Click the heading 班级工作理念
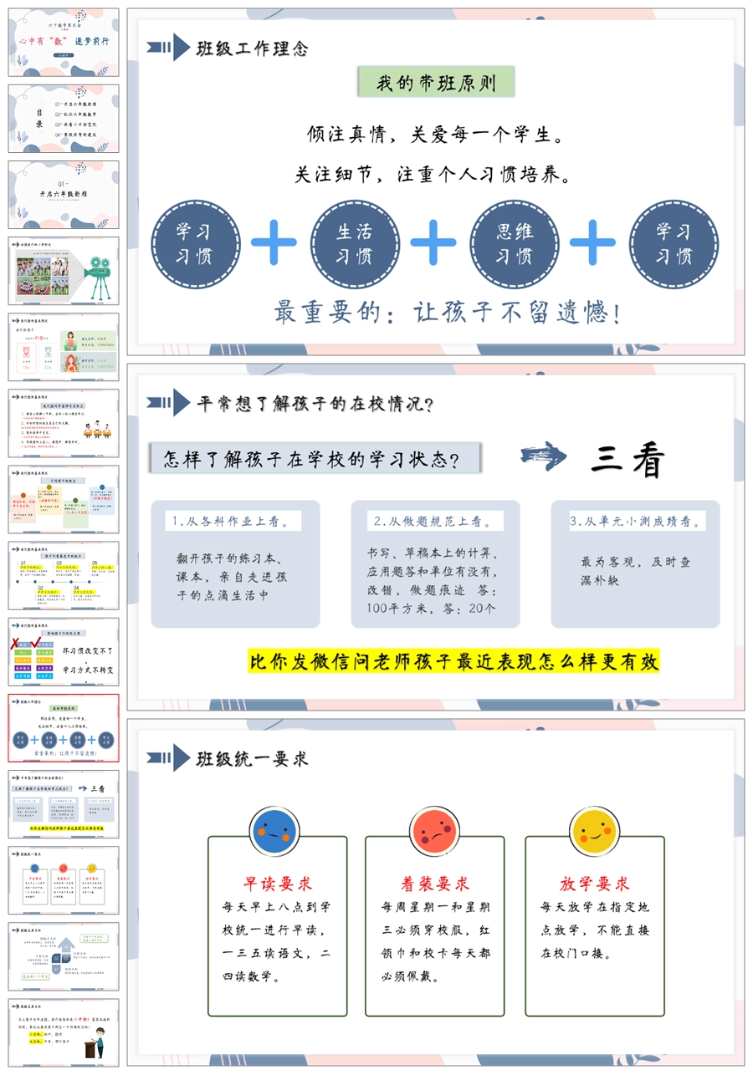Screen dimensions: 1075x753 [252, 48]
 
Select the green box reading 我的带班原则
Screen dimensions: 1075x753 [436, 83]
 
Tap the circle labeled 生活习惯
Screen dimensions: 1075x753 [354, 243]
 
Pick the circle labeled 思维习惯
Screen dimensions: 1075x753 [513, 243]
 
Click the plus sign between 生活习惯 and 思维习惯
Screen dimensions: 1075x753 [433, 243]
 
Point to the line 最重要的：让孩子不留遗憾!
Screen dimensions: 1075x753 [448, 313]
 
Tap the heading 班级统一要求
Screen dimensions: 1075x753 [252, 758]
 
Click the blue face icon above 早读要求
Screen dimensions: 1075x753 [275, 832]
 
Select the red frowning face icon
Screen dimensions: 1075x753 [435, 832]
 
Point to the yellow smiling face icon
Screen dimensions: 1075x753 [595, 832]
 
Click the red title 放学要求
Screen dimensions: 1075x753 [595, 884]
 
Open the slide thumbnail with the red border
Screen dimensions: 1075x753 [64, 727]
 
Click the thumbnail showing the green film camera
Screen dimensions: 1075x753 [64, 270]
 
